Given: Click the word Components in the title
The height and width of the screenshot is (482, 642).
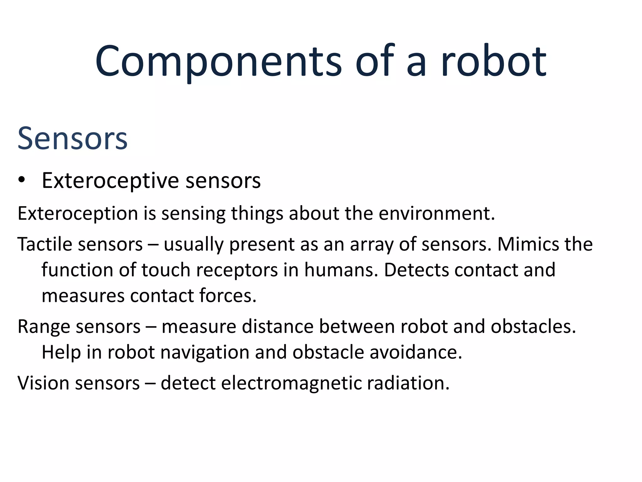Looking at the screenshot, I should click(218, 61).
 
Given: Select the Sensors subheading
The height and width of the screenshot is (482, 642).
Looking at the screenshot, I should click(72, 138).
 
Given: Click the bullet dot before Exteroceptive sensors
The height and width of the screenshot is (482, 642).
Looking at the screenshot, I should click(21, 180).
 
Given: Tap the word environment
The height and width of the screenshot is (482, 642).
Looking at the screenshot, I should click(436, 214).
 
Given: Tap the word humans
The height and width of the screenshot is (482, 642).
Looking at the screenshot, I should click(341, 270).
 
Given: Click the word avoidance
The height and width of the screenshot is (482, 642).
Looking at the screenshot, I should click(416, 352).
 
